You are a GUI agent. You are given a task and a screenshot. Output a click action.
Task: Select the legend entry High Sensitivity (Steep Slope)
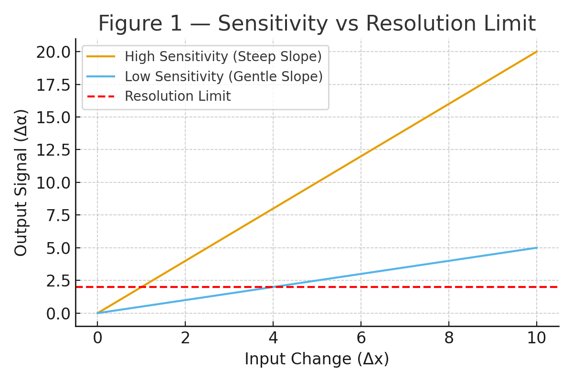(223, 57)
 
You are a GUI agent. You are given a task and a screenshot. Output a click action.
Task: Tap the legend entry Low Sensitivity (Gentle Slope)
(223, 76)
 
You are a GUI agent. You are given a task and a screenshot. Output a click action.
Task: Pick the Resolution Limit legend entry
(178, 96)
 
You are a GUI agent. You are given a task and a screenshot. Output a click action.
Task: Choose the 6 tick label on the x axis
(361, 338)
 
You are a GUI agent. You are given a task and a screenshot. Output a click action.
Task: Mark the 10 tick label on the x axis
(537, 338)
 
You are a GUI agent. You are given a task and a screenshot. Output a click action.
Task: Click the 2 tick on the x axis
(185, 338)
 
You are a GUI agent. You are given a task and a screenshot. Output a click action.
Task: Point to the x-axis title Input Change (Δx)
(317, 359)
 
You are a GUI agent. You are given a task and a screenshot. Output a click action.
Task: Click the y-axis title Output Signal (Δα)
(21, 182)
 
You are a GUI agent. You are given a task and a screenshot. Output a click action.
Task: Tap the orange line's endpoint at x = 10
(537, 52)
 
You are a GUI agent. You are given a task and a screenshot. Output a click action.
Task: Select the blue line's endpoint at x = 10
(537, 248)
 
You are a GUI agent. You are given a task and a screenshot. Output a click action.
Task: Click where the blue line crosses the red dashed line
(273, 287)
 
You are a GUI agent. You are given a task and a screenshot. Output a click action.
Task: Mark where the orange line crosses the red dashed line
(141, 287)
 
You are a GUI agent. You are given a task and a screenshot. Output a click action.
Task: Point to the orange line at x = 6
(361, 156)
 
